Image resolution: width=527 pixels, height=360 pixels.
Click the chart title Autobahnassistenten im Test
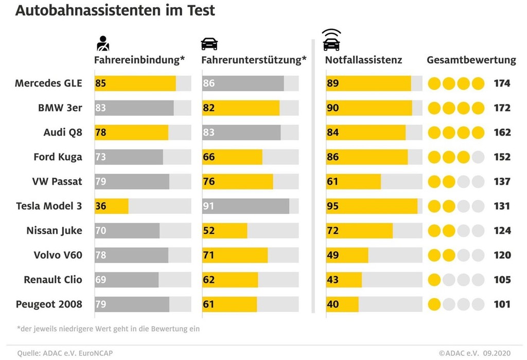tap(115, 10)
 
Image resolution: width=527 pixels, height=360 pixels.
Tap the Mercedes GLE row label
tap(48, 83)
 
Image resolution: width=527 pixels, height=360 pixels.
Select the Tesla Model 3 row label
tap(48, 206)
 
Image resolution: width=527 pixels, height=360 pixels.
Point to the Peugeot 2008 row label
tap(49, 304)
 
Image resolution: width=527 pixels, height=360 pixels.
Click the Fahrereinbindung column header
tap(139, 60)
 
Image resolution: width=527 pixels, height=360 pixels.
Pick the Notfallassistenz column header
tap(363, 60)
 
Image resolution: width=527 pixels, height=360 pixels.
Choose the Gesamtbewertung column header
tap(471, 60)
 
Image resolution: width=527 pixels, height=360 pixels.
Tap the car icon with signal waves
tap(331, 40)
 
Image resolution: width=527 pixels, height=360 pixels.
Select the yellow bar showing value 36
tap(111, 206)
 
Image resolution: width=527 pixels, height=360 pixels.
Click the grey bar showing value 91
tap(245, 206)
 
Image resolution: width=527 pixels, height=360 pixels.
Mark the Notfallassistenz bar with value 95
tap(371, 206)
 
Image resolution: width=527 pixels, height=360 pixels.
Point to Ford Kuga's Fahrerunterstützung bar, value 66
tap(232, 157)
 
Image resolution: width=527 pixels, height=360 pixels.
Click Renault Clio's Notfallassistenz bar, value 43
tap(344, 280)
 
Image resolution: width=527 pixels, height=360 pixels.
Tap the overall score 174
tap(502, 83)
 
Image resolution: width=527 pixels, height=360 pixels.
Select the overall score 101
tap(502, 304)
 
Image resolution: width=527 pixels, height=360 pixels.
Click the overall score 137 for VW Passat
tap(502, 181)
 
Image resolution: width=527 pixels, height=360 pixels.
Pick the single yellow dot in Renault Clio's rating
tap(434, 280)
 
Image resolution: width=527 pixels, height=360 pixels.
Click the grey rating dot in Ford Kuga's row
tap(478, 157)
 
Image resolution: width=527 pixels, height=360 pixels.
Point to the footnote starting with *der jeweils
tap(108, 328)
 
